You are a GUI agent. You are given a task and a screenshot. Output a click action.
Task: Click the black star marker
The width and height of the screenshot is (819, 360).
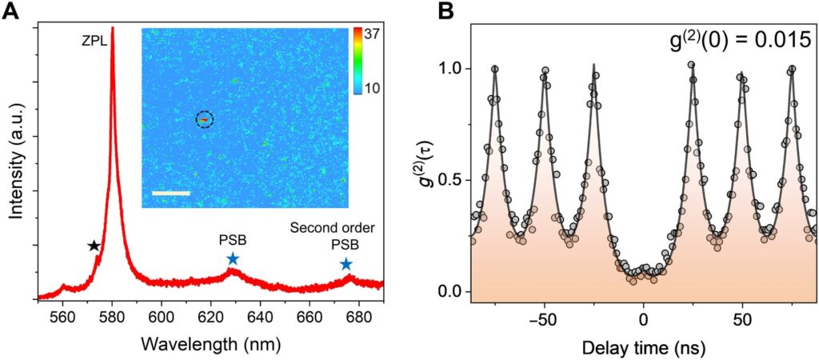point(94,246)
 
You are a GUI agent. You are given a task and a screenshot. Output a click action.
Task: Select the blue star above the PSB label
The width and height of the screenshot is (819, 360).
point(232,258)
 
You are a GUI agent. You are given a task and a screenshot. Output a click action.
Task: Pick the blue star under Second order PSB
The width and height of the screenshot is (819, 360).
point(346,264)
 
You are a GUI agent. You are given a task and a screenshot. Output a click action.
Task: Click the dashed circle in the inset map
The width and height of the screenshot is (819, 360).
point(205,119)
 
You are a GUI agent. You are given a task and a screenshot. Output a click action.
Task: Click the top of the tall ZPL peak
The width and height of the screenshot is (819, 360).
point(112,29)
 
